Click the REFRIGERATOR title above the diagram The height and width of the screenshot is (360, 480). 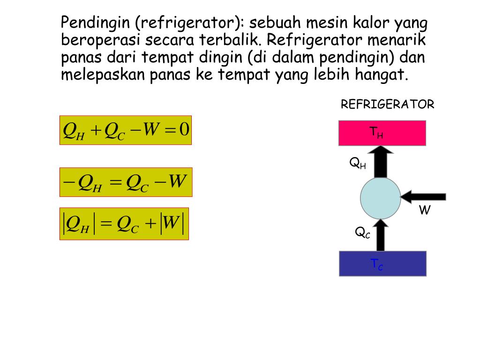pyautogui.click(x=387, y=105)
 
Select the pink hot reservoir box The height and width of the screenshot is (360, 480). pyautogui.click(x=382, y=133)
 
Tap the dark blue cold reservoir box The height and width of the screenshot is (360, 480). pyautogui.click(x=382, y=263)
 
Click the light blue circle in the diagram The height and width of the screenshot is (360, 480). pyautogui.click(x=380, y=198)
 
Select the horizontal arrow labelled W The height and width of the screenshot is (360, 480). pyautogui.click(x=424, y=196)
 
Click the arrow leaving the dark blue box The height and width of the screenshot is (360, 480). pyautogui.click(x=380, y=234)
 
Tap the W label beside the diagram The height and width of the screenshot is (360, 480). pyautogui.click(x=424, y=210)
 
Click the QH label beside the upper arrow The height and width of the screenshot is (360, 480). pyautogui.click(x=358, y=163)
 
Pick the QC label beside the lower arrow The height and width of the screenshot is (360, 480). pyautogui.click(x=362, y=232)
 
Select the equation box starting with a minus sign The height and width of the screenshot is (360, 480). pyautogui.click(x=126, y=182)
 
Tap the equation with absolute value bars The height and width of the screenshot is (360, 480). pyautogui.click(x=124, y=224)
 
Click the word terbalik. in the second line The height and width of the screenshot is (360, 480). pyautogui.click(x=230, y=40)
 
